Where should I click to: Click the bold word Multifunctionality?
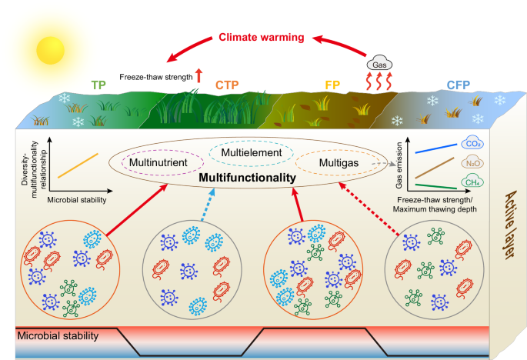point(245,178)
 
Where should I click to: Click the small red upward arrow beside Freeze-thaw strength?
point(198,76)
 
